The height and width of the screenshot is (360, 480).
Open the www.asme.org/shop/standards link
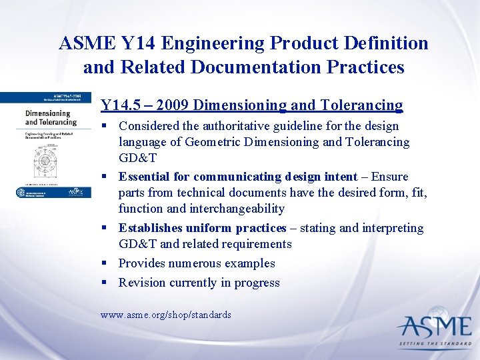tap(165, 314)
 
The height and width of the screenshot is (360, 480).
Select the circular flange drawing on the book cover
tap(43, 161)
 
